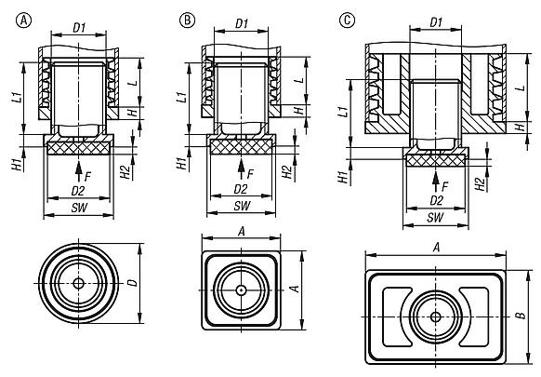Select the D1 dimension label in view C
(x=436, y=20)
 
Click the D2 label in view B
(x=242, y=189)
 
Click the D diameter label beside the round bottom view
(x=132, y=280)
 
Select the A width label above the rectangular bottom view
(x=436, y=247)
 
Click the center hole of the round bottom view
(x=79, y=282)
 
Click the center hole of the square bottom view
(x=241, y=289)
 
